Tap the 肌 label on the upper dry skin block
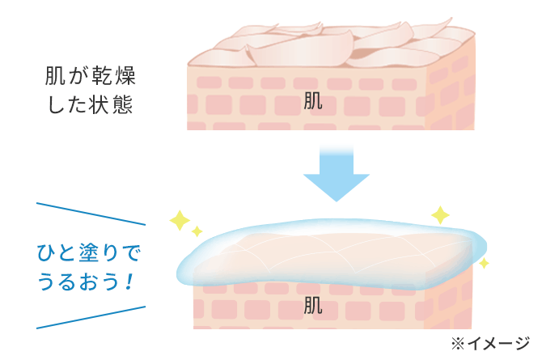click(313, 100)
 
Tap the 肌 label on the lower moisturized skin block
click(313, 305)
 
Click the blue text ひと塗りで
click(89, 255)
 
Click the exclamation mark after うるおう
click(128, 283)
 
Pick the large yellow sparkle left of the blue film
click(179, 219)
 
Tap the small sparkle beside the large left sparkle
click(197, 232)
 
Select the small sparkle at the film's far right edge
click(484, 263)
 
